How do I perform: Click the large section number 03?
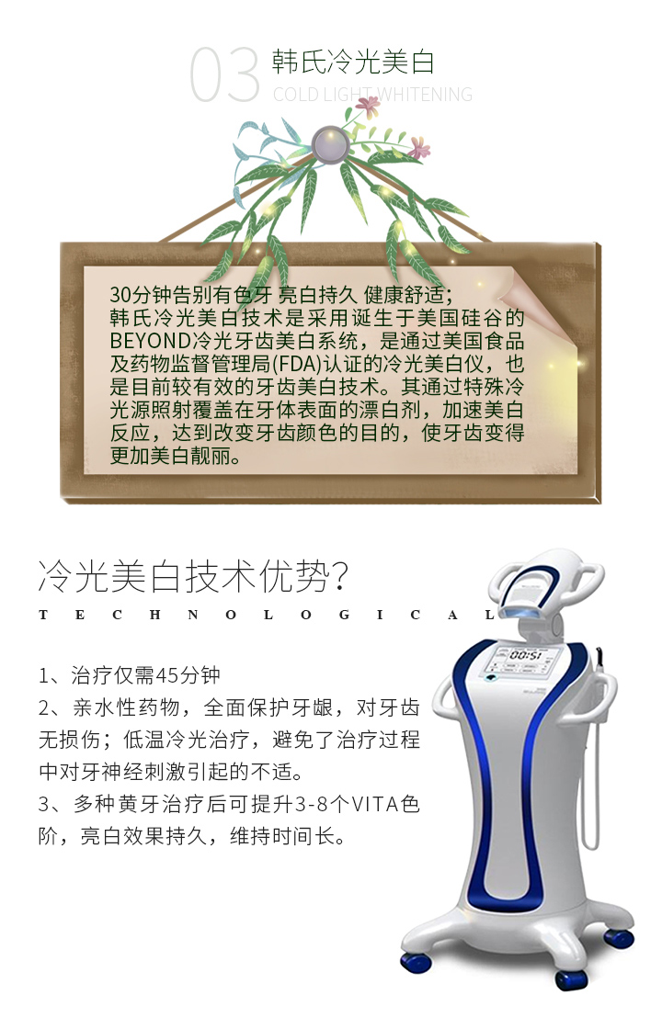click(x=224, y=74)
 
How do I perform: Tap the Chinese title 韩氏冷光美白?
click(x=353, y=62)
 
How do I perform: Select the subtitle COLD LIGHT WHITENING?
click(x=372, y=95)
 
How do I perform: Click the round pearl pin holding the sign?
click(x=330, y=144)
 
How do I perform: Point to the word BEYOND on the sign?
click(x=151, y=341)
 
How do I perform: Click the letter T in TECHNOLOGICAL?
click(x=43, y=615)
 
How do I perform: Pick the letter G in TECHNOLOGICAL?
click(x=344, y=615)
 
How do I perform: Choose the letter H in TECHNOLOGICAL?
click(x=155, y=615)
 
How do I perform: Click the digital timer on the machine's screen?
click(x=526, y=656)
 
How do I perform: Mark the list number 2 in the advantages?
click(x=44, y=707)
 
